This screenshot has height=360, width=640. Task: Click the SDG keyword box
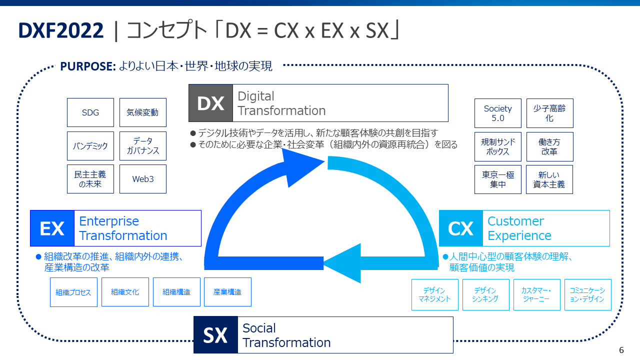coord(90,112)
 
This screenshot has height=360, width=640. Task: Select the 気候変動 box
coord(143,112)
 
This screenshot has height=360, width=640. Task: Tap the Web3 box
coord(143,179)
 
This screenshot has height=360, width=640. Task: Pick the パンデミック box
coord(90,146)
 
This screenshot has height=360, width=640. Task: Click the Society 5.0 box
coord(498,113)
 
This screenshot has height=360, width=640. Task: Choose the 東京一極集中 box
coord(498,179)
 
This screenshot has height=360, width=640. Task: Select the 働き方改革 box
coord(550,146)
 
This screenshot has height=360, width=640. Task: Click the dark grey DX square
coord(210,103)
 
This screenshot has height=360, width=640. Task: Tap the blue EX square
coord(52,228)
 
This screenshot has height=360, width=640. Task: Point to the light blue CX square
coord(460,228)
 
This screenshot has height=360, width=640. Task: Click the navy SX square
coord(215,335)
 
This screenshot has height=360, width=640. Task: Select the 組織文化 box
coord(125,292)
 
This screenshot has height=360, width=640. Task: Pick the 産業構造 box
coord(227,292)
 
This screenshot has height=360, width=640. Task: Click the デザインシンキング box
coord(486,294)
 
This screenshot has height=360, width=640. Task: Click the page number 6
coord(621,350)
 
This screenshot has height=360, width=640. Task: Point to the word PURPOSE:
coord(88,66)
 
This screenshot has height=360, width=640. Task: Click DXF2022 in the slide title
coord(61,31)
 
